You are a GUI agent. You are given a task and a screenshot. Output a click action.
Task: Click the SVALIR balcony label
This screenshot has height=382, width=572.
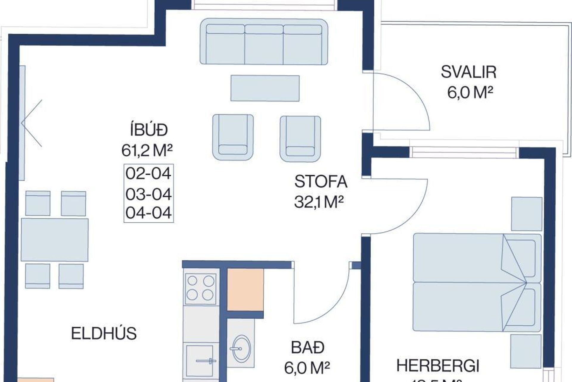tap(468, 72)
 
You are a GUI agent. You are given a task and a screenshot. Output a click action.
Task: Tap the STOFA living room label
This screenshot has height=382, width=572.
tap(321, 182)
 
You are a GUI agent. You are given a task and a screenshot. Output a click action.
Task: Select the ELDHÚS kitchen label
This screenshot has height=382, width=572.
tap(104, 333)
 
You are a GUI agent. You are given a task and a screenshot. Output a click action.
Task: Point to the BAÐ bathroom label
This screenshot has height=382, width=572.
tap(307, 348)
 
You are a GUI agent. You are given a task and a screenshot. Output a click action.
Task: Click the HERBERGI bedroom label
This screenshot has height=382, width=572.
tap(438, 366)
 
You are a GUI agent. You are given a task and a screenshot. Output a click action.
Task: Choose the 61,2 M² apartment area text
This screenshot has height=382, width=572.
tap(147, 150)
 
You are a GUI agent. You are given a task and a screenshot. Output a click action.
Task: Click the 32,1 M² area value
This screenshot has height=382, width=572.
tap(319, 202)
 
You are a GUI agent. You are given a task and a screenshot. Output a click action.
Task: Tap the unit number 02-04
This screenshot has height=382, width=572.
tap(148, 174)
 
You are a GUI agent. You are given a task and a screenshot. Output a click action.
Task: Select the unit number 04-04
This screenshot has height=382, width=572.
tap(148, 213)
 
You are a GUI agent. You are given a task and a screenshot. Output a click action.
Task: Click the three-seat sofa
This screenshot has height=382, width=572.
tap(264, 42)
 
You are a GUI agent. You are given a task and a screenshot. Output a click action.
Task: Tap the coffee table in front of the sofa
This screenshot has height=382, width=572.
tap(265, 88)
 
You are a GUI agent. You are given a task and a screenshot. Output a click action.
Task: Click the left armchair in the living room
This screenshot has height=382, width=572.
tap(233, 138)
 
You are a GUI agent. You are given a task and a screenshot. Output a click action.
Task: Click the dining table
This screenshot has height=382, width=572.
tap(55, 240)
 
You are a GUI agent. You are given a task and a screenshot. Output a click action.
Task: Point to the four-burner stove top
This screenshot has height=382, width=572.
tap(200, 288)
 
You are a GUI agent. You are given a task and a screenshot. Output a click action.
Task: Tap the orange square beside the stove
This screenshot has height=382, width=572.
tap(245, 290)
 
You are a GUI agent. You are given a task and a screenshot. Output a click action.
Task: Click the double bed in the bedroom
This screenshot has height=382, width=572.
tap(477, 282)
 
